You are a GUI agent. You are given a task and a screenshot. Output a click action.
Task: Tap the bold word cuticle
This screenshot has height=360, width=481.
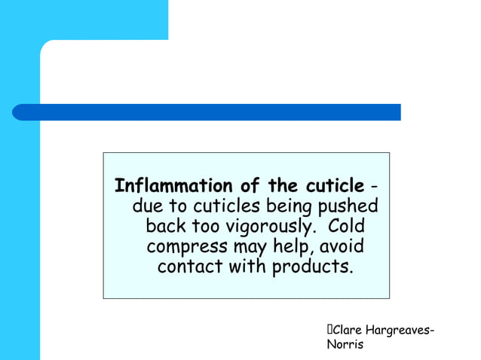tap(331, 186)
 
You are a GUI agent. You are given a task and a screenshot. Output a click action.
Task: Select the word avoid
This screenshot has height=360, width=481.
tap(343, 246)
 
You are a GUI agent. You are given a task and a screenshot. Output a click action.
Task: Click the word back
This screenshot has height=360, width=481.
tap(165, 227)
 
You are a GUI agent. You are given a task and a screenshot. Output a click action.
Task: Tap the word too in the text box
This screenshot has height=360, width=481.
tap(205, 227)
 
